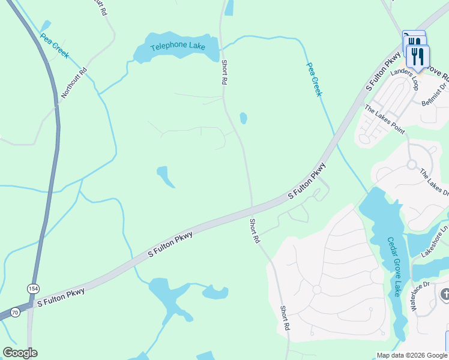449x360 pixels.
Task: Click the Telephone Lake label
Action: pyautogui.click(x=178, y=47)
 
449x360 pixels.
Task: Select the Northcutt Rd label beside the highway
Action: pyautogui.click(x=75, y=83)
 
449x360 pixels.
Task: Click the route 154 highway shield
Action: pyautogui.click(x=32, y=289)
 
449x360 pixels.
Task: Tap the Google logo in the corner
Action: pyautogui.click(x=20, y=353)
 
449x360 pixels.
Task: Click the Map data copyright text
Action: pyautogui.click(x=411, y=355)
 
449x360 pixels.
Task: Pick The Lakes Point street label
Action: pyautogui.click(x=385, y=119)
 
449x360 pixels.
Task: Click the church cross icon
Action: pyautogui.click(x=445, y=295)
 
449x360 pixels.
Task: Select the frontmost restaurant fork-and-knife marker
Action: pyautogui.click(x=418, y=58)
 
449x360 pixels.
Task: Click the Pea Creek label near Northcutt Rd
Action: pyautogui.click(x=55, y=46)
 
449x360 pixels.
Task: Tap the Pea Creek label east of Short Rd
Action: pyautogui.click(x=315, y=79)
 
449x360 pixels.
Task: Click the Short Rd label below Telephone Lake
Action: pyautogui.click(x=224, y=72)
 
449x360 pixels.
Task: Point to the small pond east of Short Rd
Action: pyautogui.click(x=243, y=118)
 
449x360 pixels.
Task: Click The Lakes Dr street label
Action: pyautogui.click(x=434, y=182)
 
